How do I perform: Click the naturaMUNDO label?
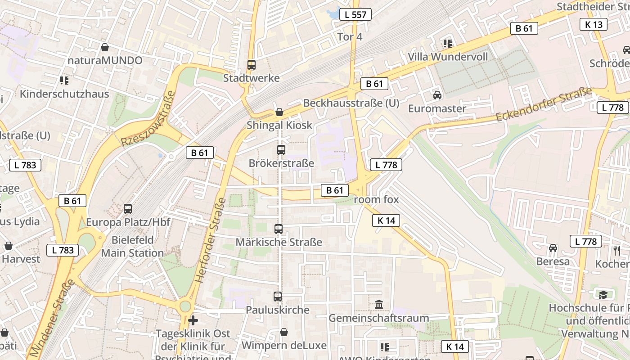(105, 60)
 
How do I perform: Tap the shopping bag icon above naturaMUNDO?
(105, 47)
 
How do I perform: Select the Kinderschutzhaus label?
(64, 94)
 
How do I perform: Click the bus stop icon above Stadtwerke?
(252, 65)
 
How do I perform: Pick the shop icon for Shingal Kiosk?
(279, 112)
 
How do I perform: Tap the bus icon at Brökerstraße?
(281, 150)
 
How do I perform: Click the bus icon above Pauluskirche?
(278, 297)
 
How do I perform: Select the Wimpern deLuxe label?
(284, 345)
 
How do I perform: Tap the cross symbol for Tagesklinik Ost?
(193, 320)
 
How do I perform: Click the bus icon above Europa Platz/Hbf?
(128, 209)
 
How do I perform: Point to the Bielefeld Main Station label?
(132, 246)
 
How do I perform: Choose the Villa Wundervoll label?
(448, 57)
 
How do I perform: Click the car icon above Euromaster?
(437, 95)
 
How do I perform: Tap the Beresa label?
(553, 261)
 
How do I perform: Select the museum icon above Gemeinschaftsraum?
(379, 305)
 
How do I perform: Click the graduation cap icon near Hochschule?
(603, 295)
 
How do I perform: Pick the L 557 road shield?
(355, 14)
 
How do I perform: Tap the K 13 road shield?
(594, 24)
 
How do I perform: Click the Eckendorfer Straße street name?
(544, 104)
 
